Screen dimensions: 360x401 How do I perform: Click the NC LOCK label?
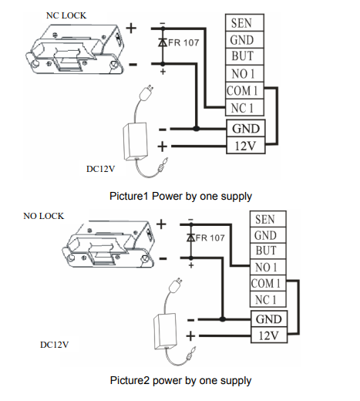66,15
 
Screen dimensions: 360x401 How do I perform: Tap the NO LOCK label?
43,216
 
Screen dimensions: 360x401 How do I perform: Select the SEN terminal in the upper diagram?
244,23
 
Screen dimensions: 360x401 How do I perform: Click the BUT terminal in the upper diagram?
244,56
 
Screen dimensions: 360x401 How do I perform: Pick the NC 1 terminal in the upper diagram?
244,107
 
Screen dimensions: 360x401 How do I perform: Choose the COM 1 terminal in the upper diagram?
244,90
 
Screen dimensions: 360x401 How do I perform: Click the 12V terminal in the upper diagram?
246,146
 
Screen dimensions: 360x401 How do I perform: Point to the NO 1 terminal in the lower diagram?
267,268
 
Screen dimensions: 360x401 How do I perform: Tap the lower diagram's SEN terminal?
267,219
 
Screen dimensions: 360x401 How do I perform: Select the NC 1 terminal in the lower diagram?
267,299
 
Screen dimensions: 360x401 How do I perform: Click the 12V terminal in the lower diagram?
269,335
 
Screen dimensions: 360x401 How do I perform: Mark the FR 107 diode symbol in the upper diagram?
163,42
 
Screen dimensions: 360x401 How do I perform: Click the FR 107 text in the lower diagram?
210,238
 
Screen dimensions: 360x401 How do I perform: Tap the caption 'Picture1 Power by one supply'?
180,196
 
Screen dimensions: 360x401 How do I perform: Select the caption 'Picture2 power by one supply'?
180,380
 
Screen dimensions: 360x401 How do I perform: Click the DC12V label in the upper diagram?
100,169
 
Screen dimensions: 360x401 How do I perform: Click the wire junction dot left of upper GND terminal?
196,128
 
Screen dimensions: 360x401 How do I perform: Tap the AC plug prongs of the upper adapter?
151,89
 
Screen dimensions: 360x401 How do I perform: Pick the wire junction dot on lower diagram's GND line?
223,319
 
